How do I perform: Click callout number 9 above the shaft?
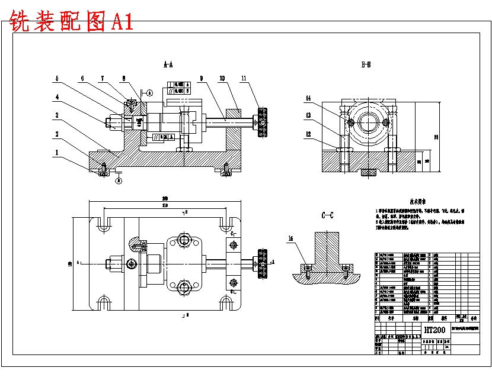coord(202,78)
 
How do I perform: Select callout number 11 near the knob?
coord(244,78)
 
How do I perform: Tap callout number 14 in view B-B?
coord(309,98)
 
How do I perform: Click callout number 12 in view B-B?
coord(309,134)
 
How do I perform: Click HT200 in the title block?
coord(434,330)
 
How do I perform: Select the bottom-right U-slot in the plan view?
coord(226,302)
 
